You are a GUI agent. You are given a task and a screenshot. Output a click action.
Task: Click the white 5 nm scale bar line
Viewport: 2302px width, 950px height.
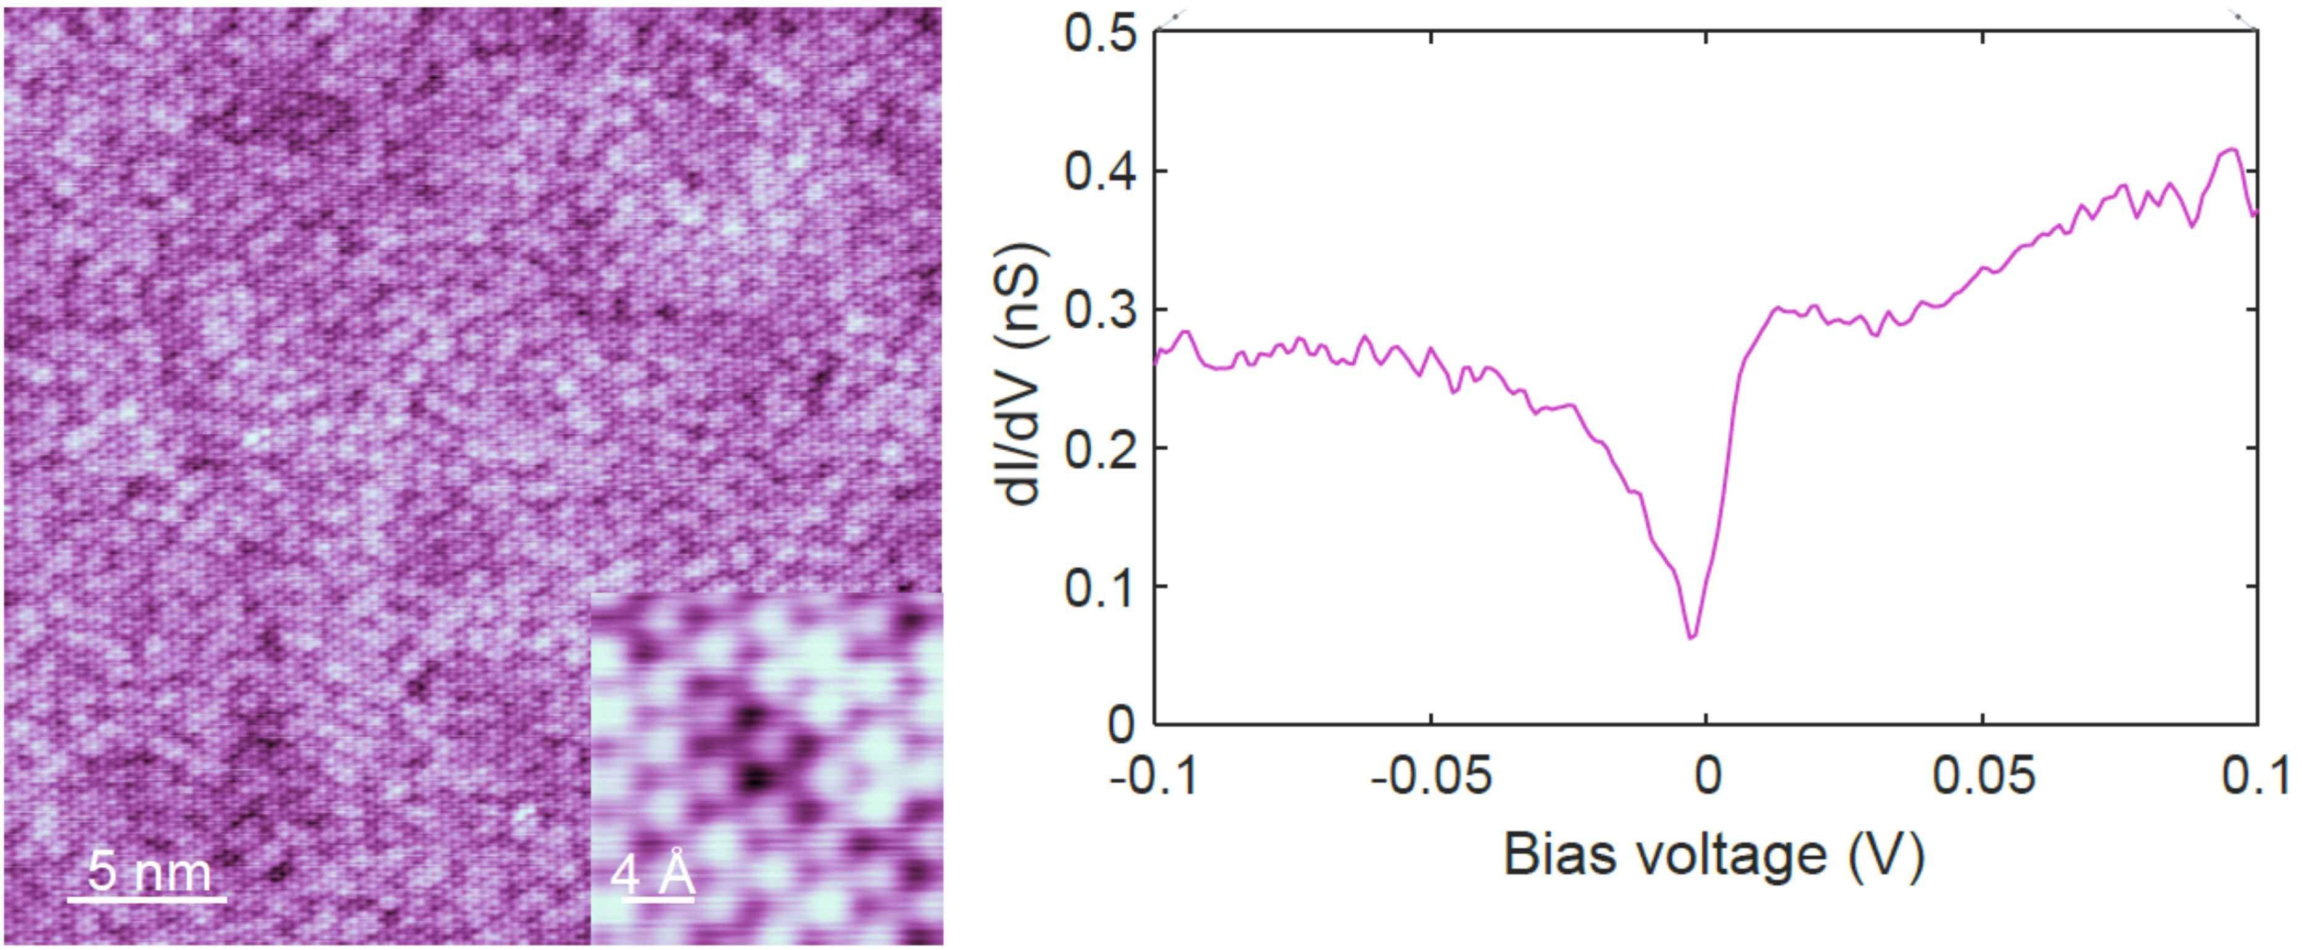click(147, 898)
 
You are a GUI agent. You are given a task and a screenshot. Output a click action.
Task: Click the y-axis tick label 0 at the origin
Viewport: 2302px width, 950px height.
click(1121, 724)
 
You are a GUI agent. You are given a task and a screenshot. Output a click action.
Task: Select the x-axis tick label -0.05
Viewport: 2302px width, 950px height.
click(1430, 775)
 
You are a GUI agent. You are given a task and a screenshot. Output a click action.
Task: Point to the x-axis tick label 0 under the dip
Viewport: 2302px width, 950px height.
click(1707, 775)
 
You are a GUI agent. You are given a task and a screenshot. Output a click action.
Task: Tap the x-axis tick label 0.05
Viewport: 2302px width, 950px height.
click(1983, 775)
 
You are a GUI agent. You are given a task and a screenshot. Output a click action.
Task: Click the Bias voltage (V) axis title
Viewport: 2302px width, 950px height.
click(1713, 855)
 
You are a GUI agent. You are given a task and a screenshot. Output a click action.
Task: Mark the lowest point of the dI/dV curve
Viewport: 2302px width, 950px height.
click(1691, 637)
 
